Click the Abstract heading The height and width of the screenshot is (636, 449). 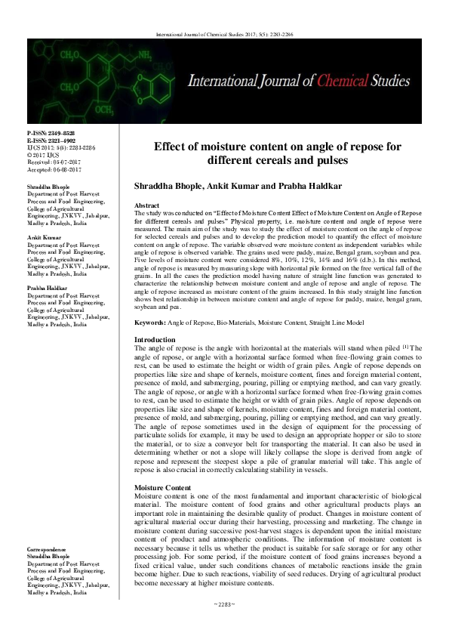[x=146, y=205]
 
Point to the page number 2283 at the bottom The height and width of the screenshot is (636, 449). [x=224, y=624]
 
